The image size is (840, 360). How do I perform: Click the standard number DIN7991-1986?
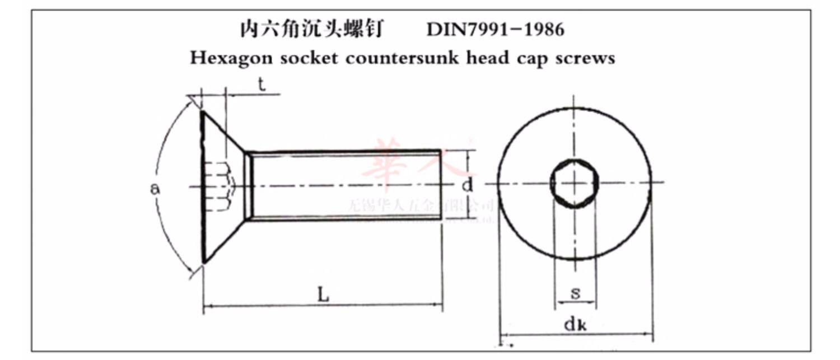tap(495, 29)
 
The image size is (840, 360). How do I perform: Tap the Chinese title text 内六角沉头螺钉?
tap(311, 29)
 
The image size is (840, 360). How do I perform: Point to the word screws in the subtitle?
tap(585, 58)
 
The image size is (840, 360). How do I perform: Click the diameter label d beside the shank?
tap(467, 185)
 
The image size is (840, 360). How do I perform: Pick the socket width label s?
tap(575, 293)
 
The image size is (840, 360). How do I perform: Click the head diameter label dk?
tap(575, 324)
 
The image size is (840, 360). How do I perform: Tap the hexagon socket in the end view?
tap(575, 183)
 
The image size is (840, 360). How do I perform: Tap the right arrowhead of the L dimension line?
tap(439, 306)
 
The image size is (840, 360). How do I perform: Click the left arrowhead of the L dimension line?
tap(207, 306)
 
